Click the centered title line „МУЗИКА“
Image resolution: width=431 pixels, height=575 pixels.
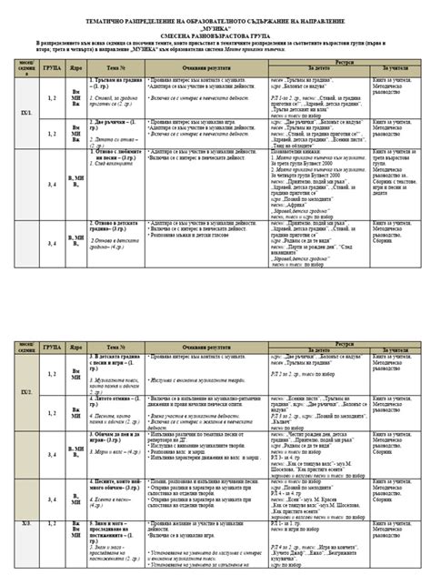216,26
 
